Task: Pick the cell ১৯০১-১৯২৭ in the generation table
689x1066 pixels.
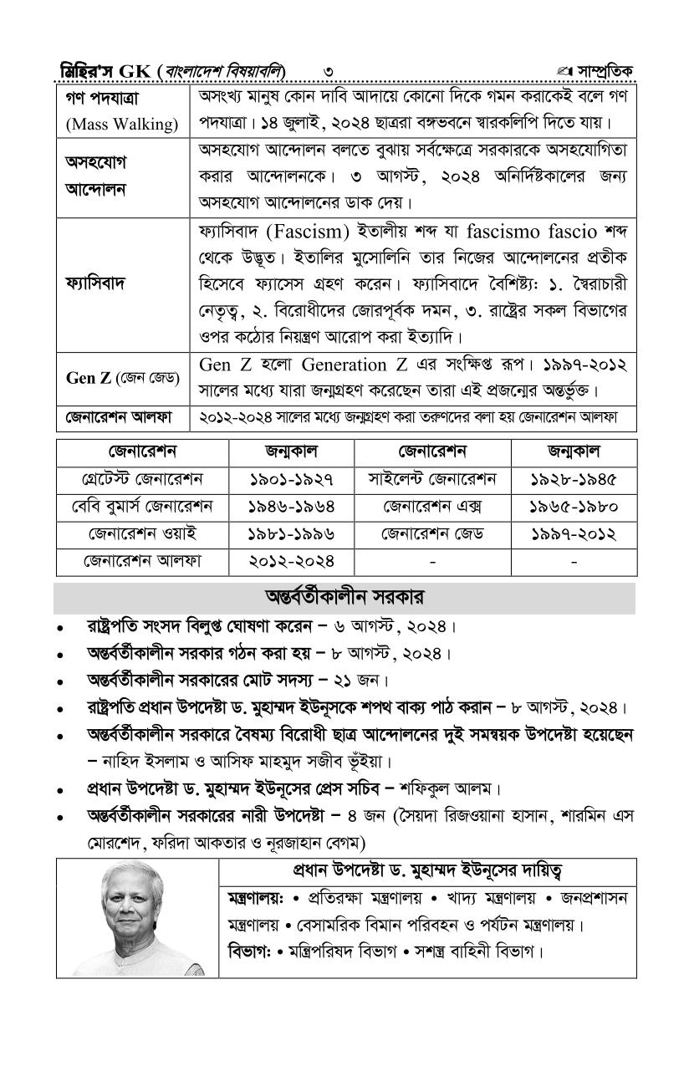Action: [x=292, y=480]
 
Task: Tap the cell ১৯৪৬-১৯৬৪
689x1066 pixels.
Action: [x=292, y=507]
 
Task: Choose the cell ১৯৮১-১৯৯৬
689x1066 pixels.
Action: [x=292, y=533]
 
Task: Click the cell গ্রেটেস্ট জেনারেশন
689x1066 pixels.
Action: [x=142, y=480]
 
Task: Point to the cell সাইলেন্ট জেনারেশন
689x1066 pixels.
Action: [x=432, y=480]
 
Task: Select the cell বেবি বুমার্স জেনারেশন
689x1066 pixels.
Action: [x=142, y=507]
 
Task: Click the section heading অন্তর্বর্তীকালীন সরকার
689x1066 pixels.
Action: [x=344, y=598]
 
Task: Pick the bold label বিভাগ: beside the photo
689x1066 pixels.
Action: [x=248, y=952]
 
